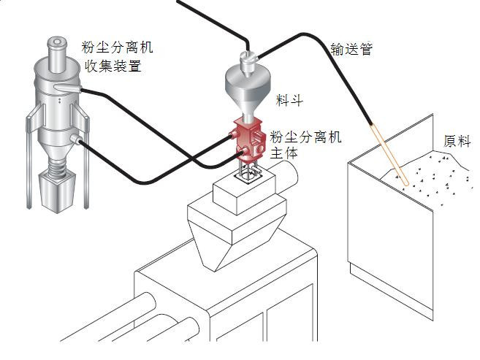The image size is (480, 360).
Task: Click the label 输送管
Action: [x=351, y=50]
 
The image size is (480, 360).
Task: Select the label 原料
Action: [x=457, y=141]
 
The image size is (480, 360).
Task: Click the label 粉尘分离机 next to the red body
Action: [x=306, y=137]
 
